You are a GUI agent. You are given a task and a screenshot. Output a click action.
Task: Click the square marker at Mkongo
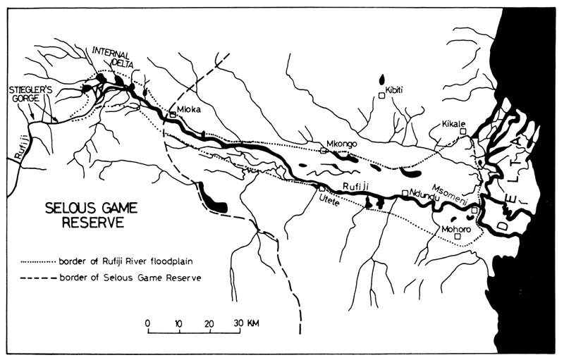point(324,150)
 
